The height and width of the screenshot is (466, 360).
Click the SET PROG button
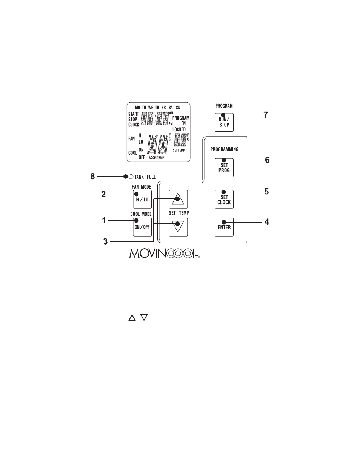[x=224, y=168]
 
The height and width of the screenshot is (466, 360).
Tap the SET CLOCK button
[x=224, y=199]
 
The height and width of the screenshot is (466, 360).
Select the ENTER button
[x=224, y=227]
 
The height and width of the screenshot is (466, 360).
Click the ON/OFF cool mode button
[x=142, y=227]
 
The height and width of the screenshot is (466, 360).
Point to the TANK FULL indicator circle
[x=131, y=177]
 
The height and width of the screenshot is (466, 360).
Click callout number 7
[x=266, y=115]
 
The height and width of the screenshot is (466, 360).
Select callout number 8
[x=92, y=176]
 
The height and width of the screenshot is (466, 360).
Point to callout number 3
[x=105, y=241]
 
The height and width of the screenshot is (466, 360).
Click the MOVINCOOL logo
[x=165, y=253]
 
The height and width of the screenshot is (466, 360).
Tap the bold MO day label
[x=137, y=108]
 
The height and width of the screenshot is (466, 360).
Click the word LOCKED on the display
[x=179, y=129]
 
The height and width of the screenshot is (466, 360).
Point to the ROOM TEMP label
[x=156, y=158]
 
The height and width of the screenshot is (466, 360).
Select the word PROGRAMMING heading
[x=224, y=149]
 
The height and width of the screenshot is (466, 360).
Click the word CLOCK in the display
[x=134, y=125]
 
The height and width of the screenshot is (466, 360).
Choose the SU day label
[x=178, y=108]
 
